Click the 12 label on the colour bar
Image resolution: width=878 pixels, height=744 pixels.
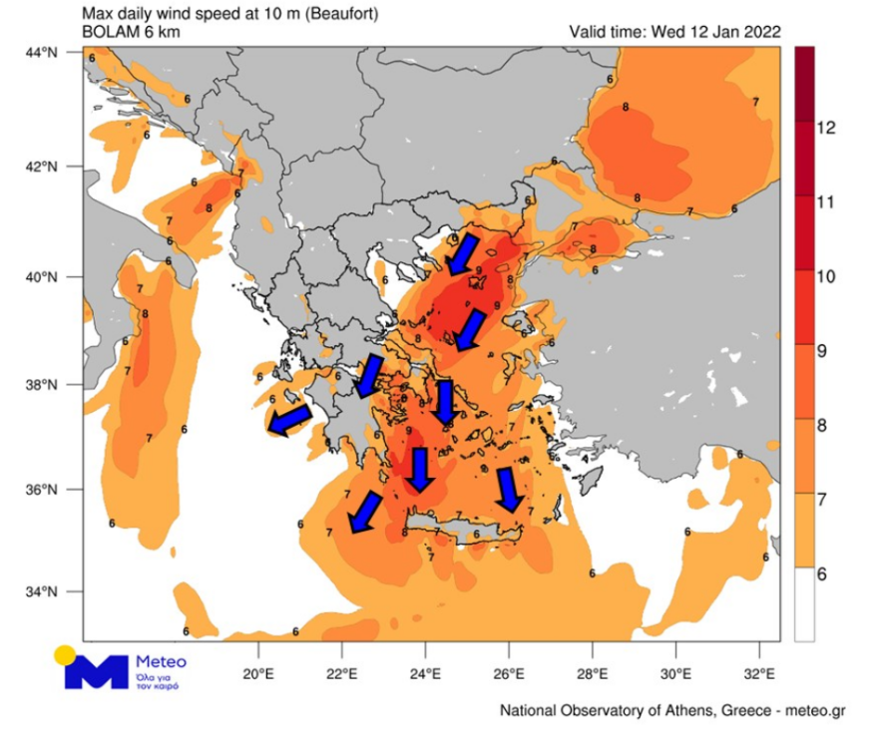pyautogui.click(x=825, y=128)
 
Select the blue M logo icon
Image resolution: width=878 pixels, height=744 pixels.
pyautogui.click(x=97, y=671)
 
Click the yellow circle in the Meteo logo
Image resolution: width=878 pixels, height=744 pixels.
pyautogui.click(x=65, y=655)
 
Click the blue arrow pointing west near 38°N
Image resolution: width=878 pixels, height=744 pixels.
pyautogui.click(x=289, y=421)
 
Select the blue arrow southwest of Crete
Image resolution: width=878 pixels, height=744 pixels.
pyautogui.click(x=365, y=511)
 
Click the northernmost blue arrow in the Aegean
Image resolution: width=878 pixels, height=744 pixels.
pyautogui.click(x=462, y=254)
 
